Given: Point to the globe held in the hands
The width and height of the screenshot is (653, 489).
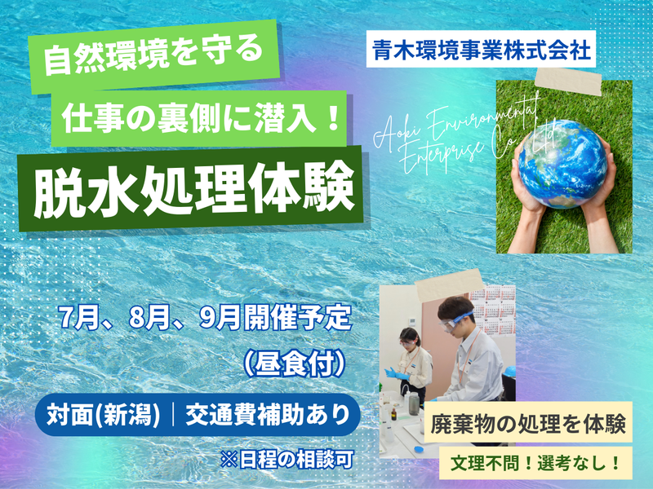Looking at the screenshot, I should (564, 159).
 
